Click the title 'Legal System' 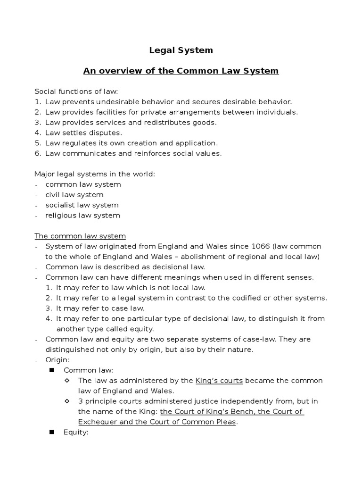pos(181,50)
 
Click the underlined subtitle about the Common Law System pos(181,71)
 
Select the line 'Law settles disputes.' pos(83,133)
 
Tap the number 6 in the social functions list pos(37,153)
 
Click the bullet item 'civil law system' pos(74,195)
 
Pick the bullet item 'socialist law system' pos(82,205)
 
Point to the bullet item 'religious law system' pos(82,216)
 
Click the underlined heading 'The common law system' pos(80,236)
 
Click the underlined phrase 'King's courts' pos(219,380)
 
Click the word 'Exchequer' pos(98,422)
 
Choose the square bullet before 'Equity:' pos(52,432)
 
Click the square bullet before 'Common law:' pos(52,370)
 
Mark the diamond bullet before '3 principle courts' pos(67,401)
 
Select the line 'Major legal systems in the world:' pos(95,174)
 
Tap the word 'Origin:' pos(58,360)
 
